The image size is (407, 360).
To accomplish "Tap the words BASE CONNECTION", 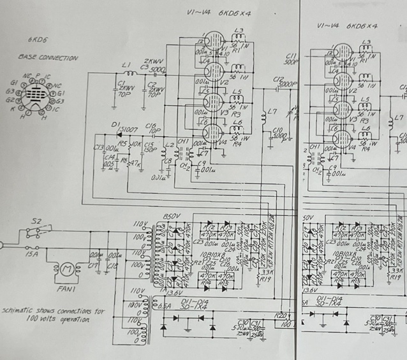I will (48, 58).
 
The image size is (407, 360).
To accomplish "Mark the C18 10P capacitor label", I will (152, 129).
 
